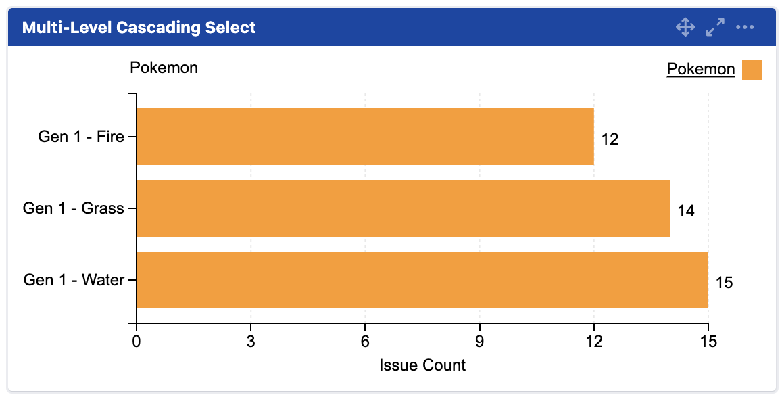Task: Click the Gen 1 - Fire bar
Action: click(x=365, y=137)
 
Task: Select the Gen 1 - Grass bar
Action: click(x=403, y=208)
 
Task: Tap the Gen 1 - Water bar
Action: click(x=422, y=280)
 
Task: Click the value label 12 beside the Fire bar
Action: click(x=610, y=139)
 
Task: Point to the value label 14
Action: click(x=685, y=211)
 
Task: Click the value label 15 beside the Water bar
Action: click(x=724, y=283)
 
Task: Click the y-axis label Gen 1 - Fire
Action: click(x=81, y=137)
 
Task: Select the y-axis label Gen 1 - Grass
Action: click(x=74, y=208)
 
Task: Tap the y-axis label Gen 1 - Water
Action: click(x=74, y=280)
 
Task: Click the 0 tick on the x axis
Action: click(x=137, y=343)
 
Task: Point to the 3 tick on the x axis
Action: click(x=251, y=343)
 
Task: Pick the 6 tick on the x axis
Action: click(x=365, y=343)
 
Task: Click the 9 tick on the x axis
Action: click(x=479, y=343)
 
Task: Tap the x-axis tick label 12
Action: click(x=593, y=343)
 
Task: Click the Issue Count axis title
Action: click(x=422, y=366)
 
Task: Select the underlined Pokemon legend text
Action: click(x=700, y=69)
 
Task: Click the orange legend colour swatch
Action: click(x=752, y=70)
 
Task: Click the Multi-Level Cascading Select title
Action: click(x=139, y=28)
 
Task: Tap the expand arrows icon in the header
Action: click(x=715, y=28)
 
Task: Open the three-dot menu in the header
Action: click(x=745, y=28)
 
